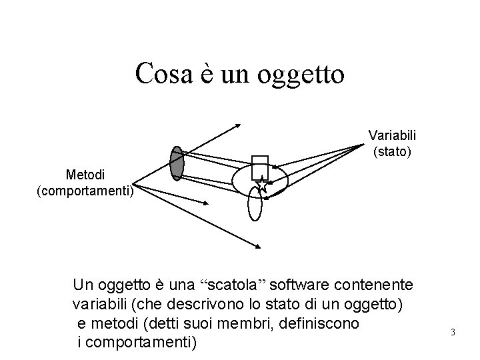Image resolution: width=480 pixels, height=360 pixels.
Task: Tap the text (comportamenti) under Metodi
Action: (x=85, y=192)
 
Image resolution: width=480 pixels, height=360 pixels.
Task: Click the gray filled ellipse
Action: (x=177, y=163)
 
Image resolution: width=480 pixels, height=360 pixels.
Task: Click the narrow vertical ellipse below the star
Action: (x=255, y=203)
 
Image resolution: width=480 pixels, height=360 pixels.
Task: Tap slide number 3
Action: (x=452, y=332)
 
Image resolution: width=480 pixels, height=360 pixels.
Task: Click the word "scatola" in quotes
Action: (x=233, y=287)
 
